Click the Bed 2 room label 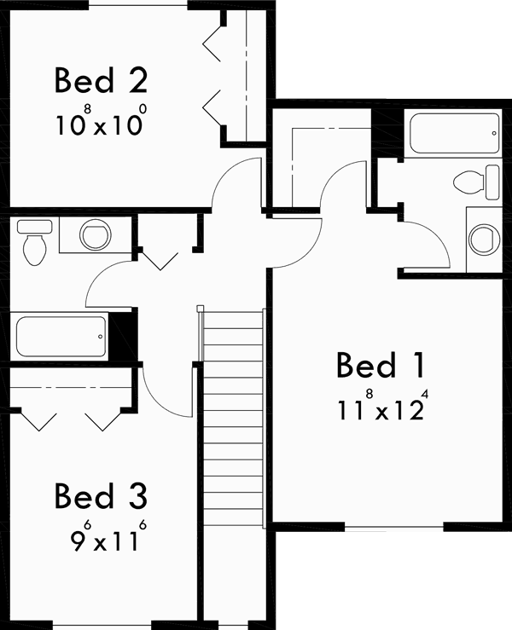click(x=102, y=81)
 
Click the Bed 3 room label click(x=101, y=496)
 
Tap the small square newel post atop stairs click(x=201, y=309)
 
